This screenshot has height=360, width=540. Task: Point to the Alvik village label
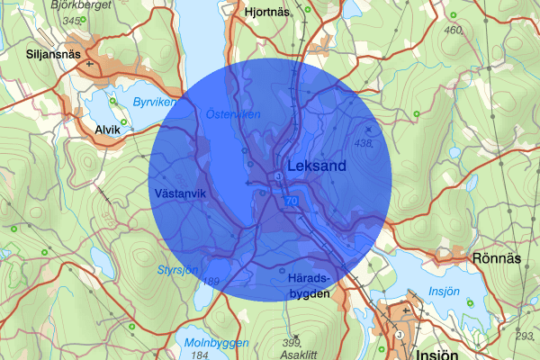coord(107,130)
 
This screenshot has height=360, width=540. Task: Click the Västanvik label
coord(180,193)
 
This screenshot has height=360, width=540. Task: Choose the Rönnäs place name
coord(496,258)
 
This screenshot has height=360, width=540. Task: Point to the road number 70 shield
coord(290,202)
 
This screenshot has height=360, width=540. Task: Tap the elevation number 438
coord(364,143)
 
